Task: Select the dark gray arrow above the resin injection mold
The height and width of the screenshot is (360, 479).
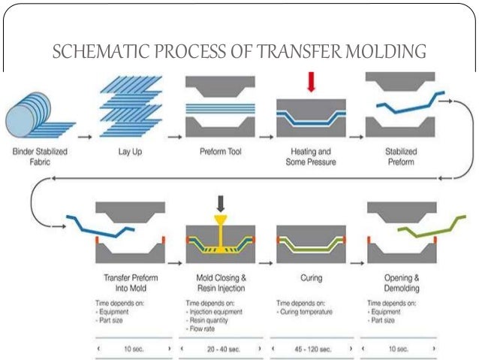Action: coord(220,203)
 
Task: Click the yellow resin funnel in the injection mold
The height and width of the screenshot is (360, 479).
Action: coord(220,223)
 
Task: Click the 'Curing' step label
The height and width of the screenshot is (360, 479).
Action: coord(311,278)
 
